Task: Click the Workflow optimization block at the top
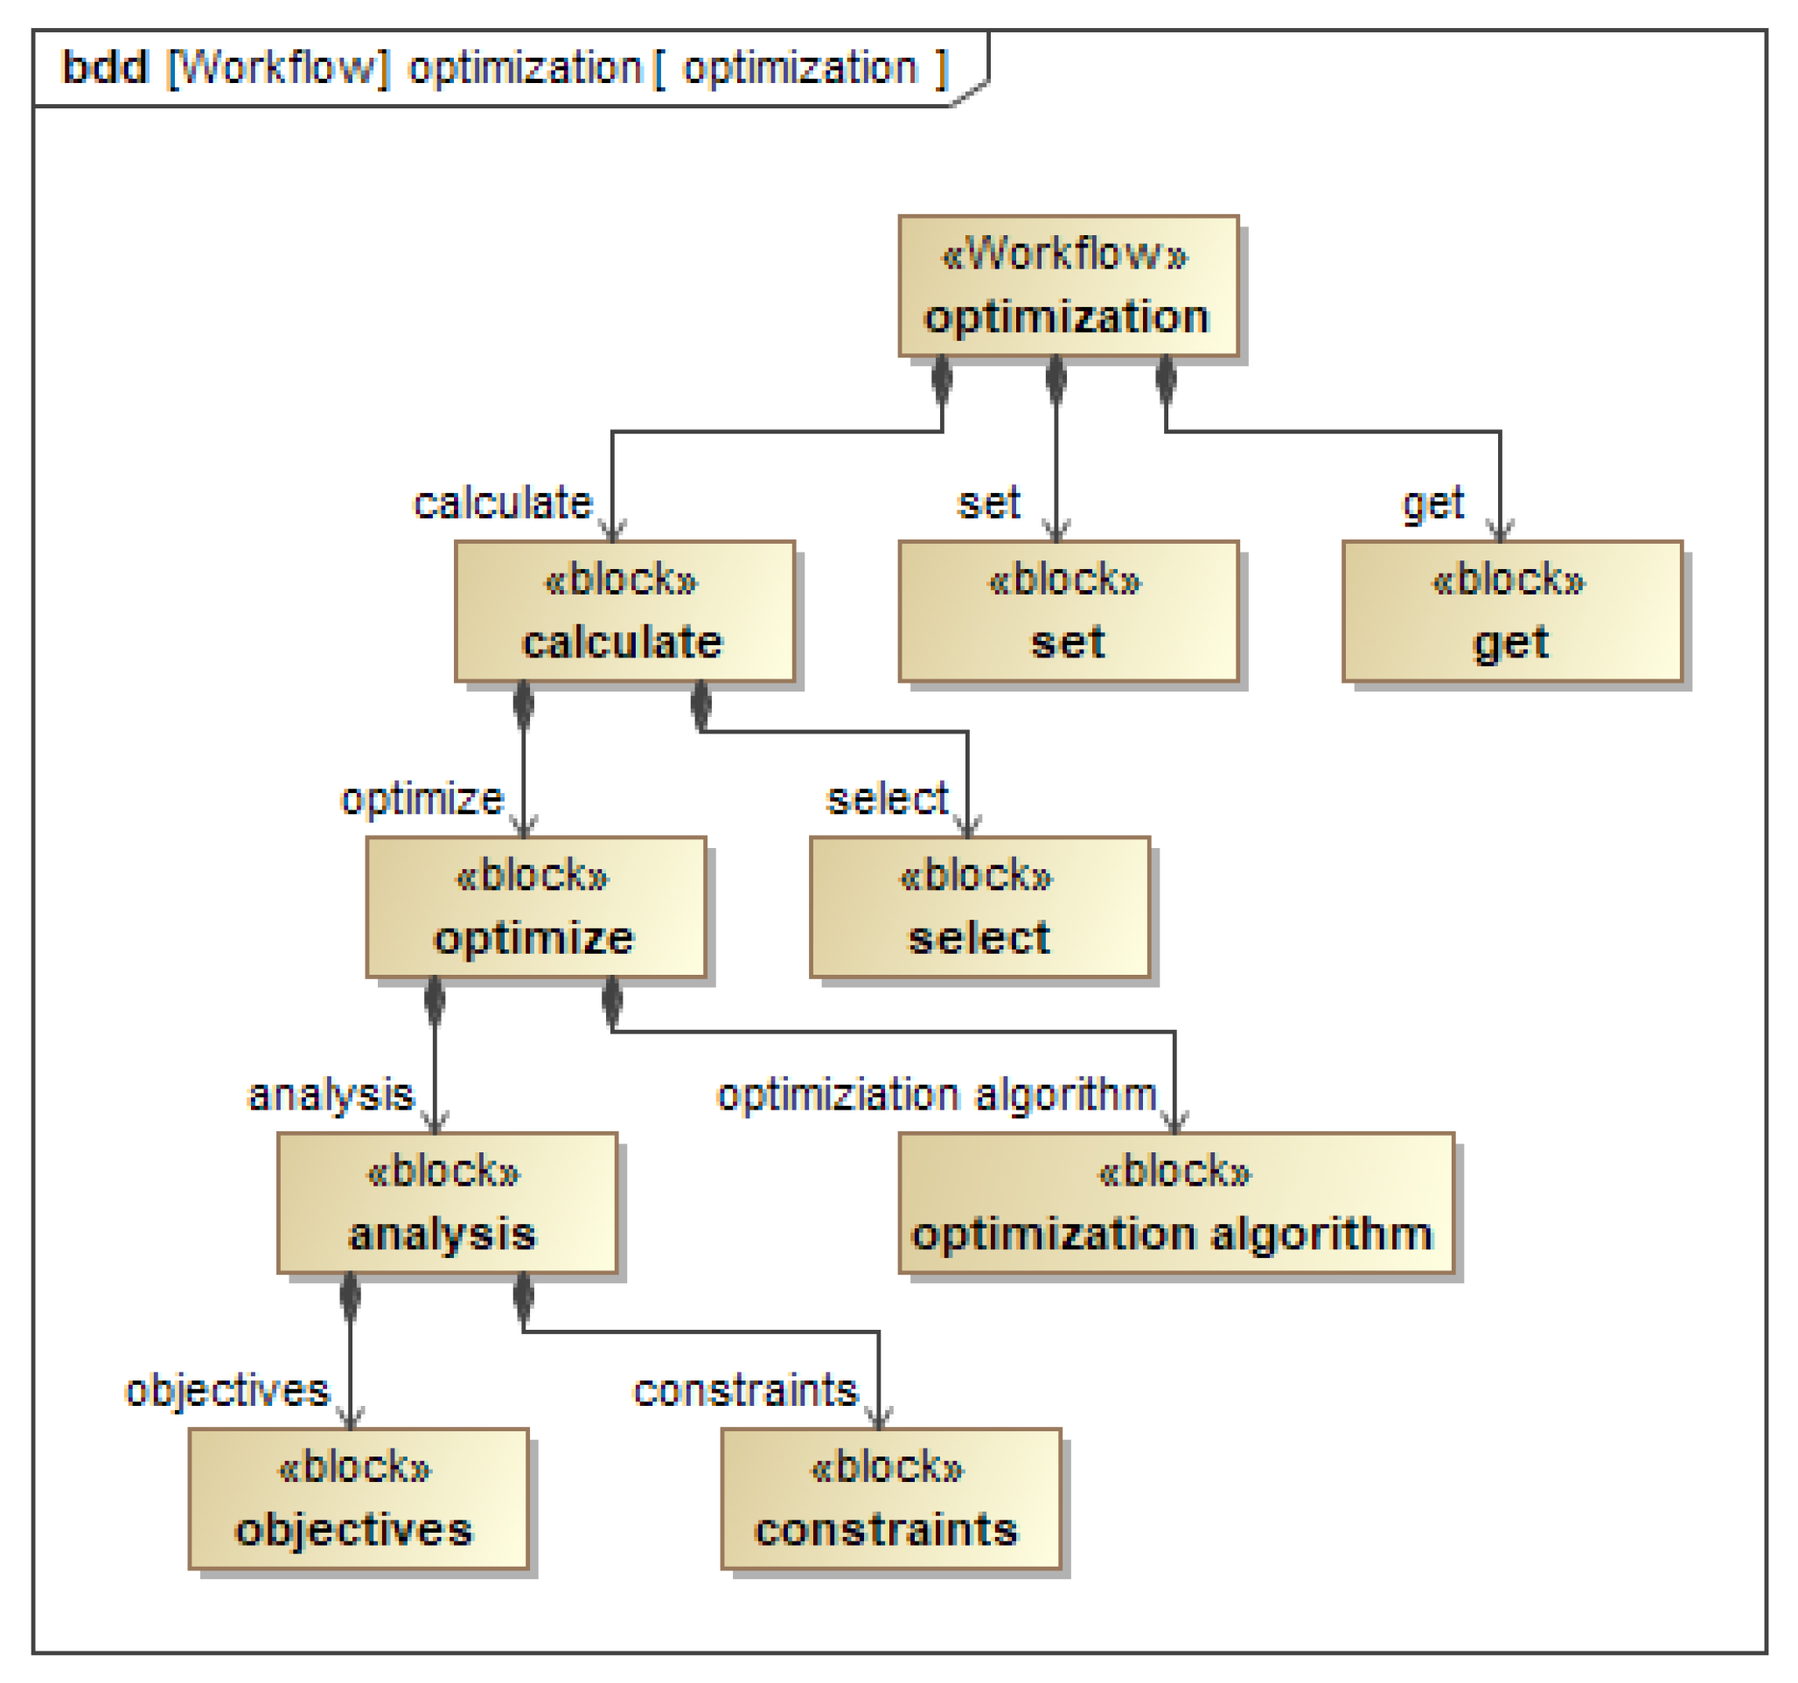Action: pyautogui.click(x=1068, y=286)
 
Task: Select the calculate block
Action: pyautogui.click(x=624, y=611)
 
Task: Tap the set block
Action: pyautogui.click(x=1068, y=611)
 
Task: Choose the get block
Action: pyautogui.click(x=1512, y=611)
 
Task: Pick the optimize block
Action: pyautogui.click(x=535, y=907)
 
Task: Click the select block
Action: pyautogui.click(x=979, y=907)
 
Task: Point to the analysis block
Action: pyautogui.click(x=447, y=1203)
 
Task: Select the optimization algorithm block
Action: pyautogui.click(x=1175, y=1203)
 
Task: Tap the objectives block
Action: pyautogui.click(x=359, y=1499)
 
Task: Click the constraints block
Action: pyautogui.click(x=891, y=1499)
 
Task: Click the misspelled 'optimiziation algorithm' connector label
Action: pyautogui.click(x=936, y=1095)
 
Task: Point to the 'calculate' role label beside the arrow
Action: pyautogui.click(x=502, y=503)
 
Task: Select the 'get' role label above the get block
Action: pyautogui.click(x=1432, y=503)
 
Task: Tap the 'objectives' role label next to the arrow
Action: pyautogui.click(x=227, y=1390)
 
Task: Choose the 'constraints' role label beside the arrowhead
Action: pyautogui.click(x=745, y=1390)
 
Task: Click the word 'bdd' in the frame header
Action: pyautogui.click(x=105, y=68)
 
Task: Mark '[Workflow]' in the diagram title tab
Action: pyautogui.click(x=279, y=68)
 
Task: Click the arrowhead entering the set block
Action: pyautogui.click(x=1056, y=531)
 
